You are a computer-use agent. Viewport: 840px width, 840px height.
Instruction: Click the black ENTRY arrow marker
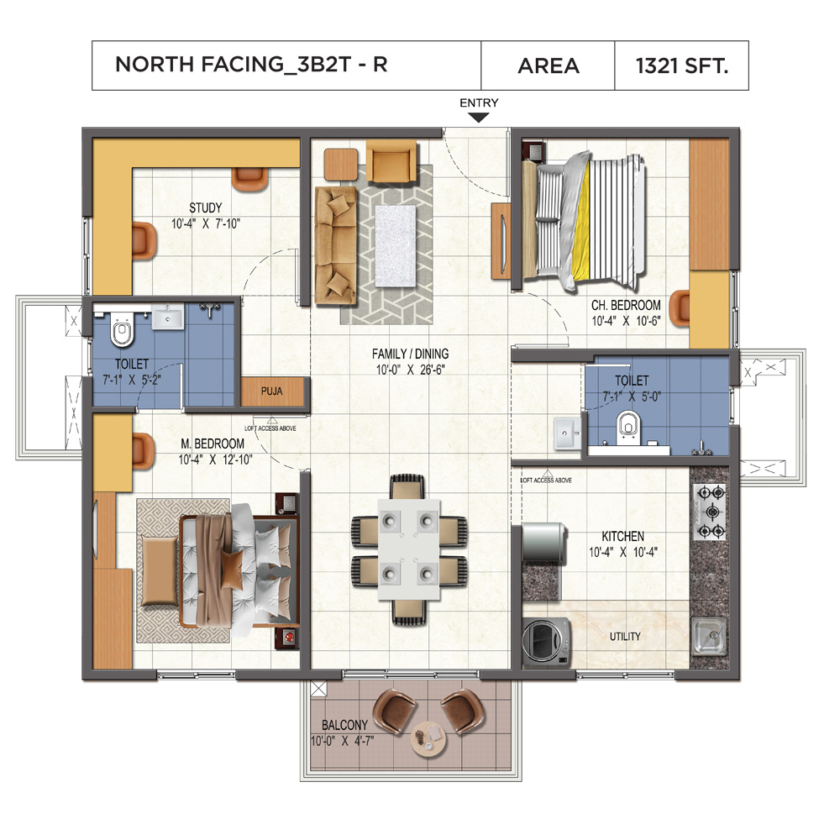tap(478, 118)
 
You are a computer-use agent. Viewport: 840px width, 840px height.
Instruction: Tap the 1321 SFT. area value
tap(681, 65)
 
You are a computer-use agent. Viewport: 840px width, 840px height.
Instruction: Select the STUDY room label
tap(205, 208)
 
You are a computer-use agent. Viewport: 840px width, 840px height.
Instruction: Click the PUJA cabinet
tap(270, 391)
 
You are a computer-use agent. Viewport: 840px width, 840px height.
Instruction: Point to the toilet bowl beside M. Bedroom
tap(123, 331)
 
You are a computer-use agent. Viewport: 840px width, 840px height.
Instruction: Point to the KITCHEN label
tap(622, 536)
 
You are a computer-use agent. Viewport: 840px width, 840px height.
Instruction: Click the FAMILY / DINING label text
tap(411, 354)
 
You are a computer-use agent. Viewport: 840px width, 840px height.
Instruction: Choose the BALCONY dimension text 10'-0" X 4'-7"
tap(342, 741)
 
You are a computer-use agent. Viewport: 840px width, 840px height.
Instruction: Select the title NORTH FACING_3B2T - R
tap(251, 65)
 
